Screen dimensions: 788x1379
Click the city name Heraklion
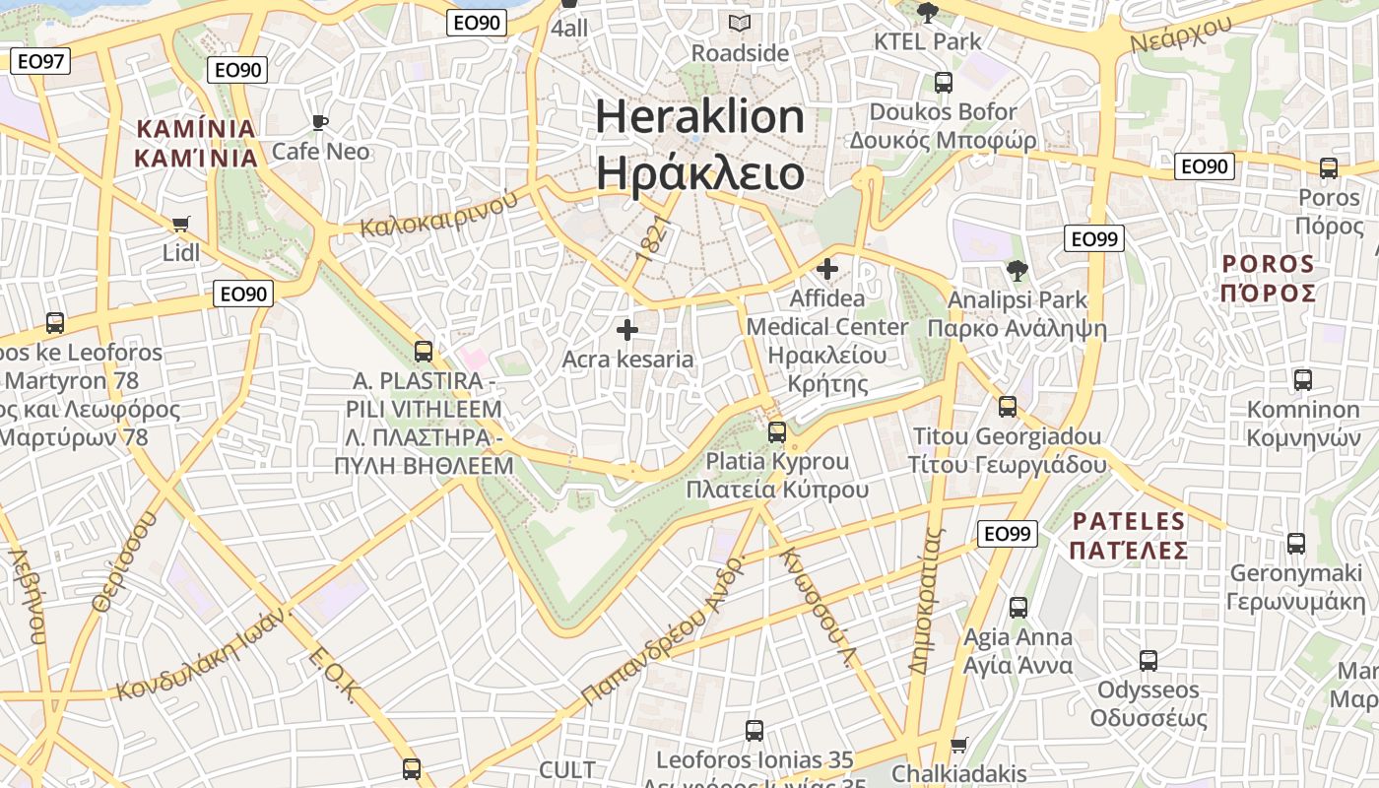coord(700,117)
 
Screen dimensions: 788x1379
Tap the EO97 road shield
coord(40,61)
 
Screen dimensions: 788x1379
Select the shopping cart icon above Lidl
coord(180,224)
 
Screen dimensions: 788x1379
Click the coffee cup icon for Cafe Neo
coord(319,122)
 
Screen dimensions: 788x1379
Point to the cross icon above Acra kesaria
coord(627,330)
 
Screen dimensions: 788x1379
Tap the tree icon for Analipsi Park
coord(1017,270)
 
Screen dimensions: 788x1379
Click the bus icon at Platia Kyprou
coord(777,431)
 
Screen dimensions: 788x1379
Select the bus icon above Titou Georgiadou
coord(1007,406)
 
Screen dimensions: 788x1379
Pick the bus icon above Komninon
coord(1302,379)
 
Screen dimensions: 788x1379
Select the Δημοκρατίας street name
coord(927,600)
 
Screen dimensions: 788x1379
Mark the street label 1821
coord(651,240)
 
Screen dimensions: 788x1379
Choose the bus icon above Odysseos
coord(1148,660)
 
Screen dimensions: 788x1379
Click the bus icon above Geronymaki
coord(1296,543)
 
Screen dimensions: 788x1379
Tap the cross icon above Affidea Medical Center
coord(827,268)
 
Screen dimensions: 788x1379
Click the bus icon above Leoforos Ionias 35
coord(754,730)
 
